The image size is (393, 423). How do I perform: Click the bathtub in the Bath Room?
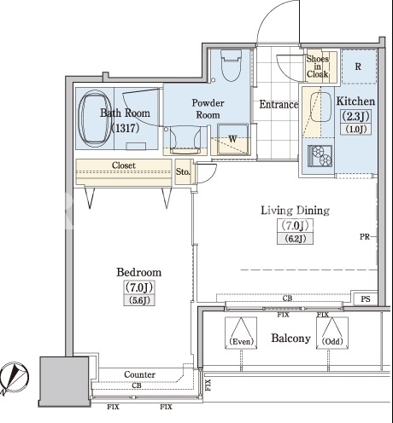(94, 119)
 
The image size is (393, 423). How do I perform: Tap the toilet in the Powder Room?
(231, 66)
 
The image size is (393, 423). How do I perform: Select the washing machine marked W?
(232, 139)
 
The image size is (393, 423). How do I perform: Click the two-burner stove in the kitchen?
(320, 155)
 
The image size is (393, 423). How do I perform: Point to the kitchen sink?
(320, 107)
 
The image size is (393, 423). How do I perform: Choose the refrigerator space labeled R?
(359, 67)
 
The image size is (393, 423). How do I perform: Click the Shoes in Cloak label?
(317, 67)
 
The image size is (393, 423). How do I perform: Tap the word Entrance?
(279, 104)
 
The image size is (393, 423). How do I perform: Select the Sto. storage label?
(183, 171)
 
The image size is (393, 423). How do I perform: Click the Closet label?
(124, 165)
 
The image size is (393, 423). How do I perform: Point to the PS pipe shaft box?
(366, 298)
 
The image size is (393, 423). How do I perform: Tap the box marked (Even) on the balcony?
(241, 333)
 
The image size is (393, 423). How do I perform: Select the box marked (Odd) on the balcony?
(332, 333)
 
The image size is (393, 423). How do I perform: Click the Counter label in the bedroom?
(139, 374)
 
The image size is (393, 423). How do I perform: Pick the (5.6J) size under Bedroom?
(139, 300)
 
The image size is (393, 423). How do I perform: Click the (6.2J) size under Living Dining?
(296, 239)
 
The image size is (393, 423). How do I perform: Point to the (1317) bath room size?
(125, 128)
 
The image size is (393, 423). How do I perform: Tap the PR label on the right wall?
(365, 236)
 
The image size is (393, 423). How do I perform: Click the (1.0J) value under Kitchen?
(355, 130)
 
